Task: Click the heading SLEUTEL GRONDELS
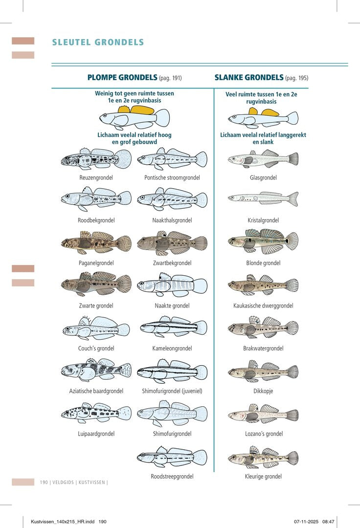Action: pyautogui.click(x=98, y=42)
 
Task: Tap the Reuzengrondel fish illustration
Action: pyautogui.click(x=96, y=159)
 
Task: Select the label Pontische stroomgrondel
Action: pyautogui.click(x=172, y=177)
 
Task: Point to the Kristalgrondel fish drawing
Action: pyautogui.click(x=263, y=198)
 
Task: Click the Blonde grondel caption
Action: pyautogui.click(x=263, y=263)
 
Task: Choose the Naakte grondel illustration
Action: pyautogui.click(x=172, y=285)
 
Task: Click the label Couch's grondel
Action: pyautogui.click(x=96, y=348)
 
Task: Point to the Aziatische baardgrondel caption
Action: pyautogui.click(x=96, y=391)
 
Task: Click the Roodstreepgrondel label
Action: pyautogui.click(x=172, y=477)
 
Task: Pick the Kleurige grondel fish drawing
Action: pyautogui.click(x=263, y=457)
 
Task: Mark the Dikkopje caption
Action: pyautogui.click(x=263, y=391)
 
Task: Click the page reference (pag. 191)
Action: pyautogui.click(x=170, y=78)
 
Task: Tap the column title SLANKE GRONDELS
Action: pyautogui.click(x=249, y=77)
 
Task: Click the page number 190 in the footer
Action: pyautogui.click(x=44, y=482)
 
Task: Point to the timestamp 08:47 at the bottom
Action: pyautogui.click(x=328, y=522)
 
